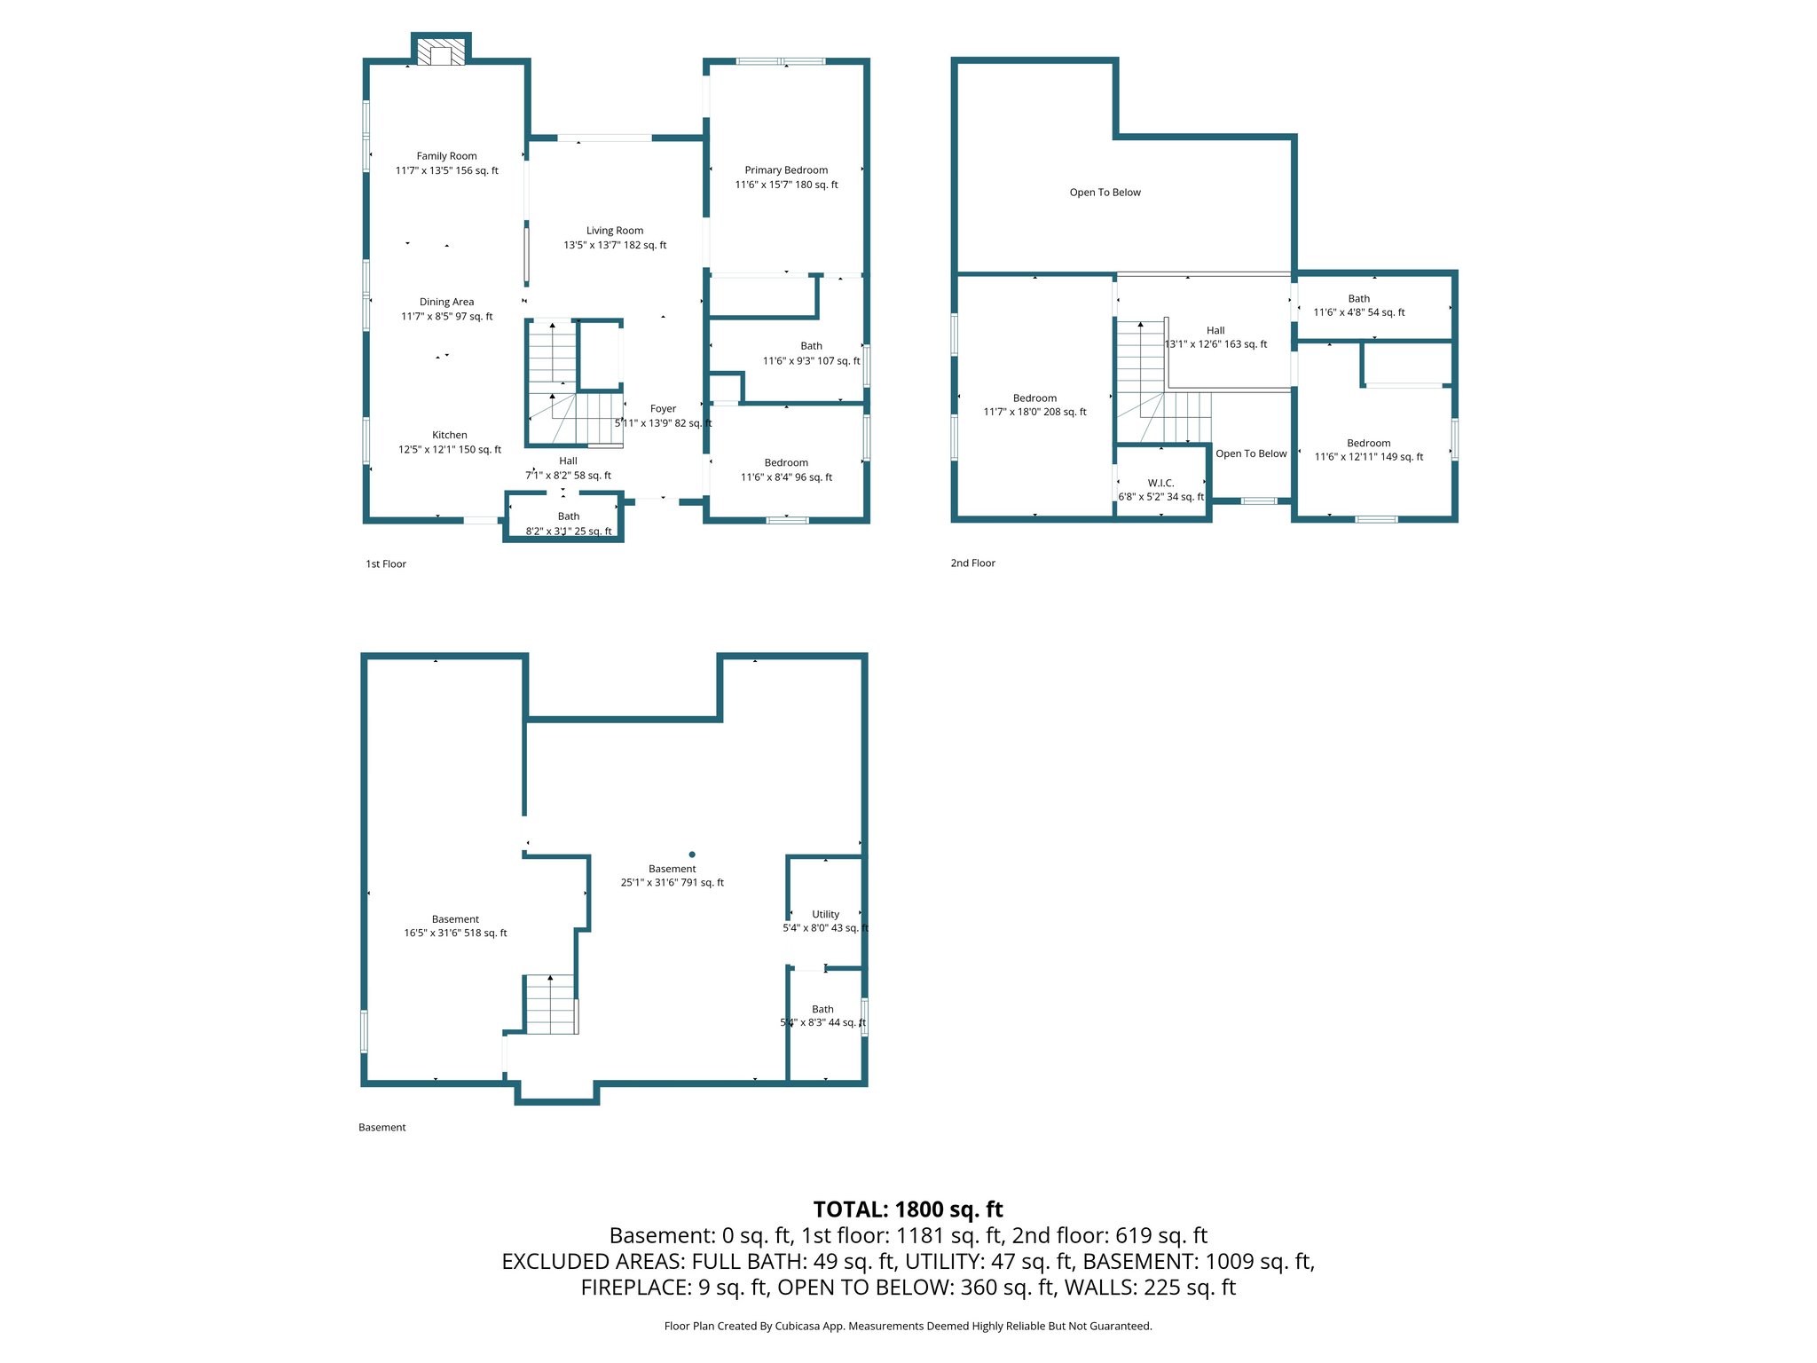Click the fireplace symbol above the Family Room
pyautogui.click(x=441, y=51)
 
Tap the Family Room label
pyautogui.click(x=446, y=156)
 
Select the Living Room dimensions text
pyautogui.click(x=615, y=245)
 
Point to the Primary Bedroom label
pyautogui.click(x=786, y=170)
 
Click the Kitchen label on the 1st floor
pyautogui.click(x=449, y=435)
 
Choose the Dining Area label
pyautogui.click(x=446, y=302)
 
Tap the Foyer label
pyautogui.click(x=663, y=409)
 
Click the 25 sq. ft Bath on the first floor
pyautogui.click(x=568, y=524)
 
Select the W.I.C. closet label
pyautogui.click(x=1160, y=483)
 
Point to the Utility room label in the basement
pyautogui.click(x=825, y=914)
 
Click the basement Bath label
pyautogui.click(x=822, y=1009)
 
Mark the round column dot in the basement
pyautogui.click(x=692, y=855)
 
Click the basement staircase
pyautogui.click(x=550, y=1005)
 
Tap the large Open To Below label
pyautogui.click(x=1105, y=193)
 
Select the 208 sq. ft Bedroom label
pyautogui.click(x=1034, y=398)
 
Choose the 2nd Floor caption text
pyautogui.click(x=972, y=563)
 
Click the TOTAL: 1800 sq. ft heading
pyautogui.click(x=908, y=1209)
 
